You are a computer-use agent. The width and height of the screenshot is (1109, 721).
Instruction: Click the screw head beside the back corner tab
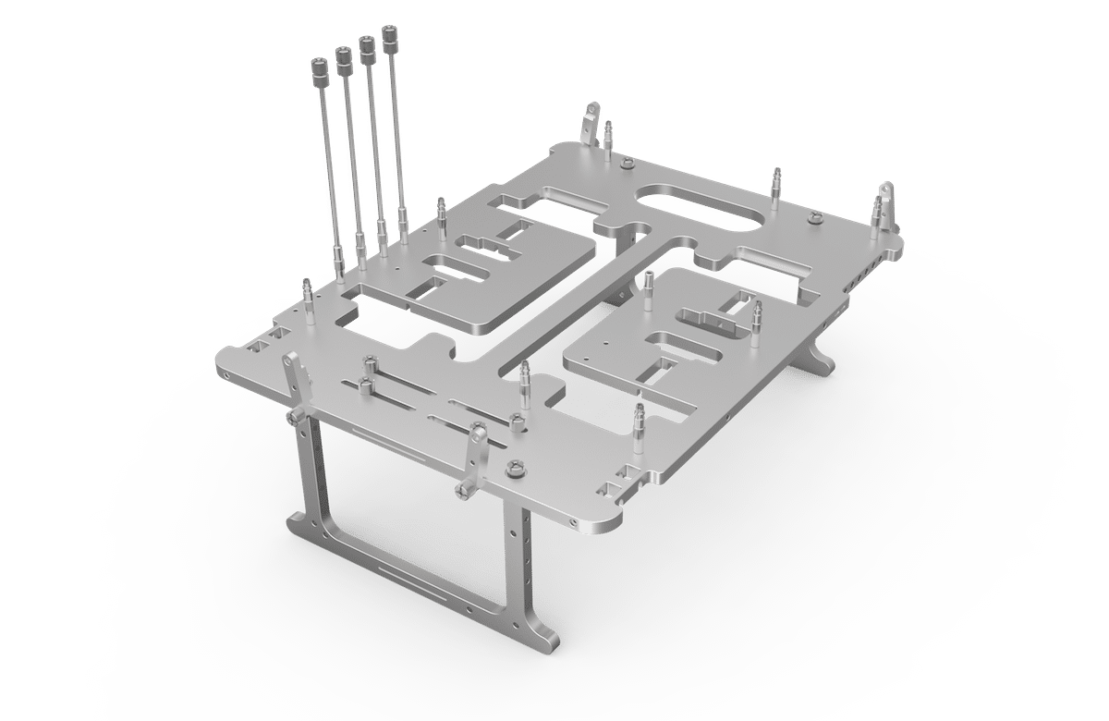coord(628,165)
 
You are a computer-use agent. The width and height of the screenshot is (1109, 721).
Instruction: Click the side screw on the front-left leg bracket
coord(294,421)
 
